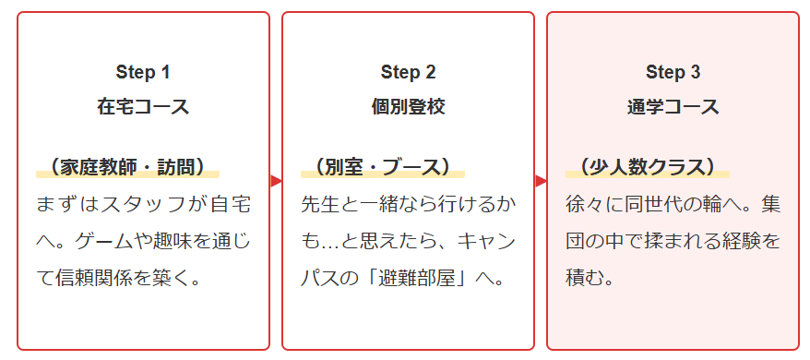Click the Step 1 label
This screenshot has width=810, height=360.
click(143, 72)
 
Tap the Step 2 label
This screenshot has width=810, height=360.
click(408, 72)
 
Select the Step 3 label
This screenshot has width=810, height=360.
click(673, 72)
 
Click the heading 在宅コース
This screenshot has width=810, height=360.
click(143, 106)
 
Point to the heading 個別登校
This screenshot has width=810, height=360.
click(408, 106)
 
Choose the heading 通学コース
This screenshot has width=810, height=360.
click(673, 106)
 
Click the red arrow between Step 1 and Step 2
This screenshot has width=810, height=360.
click(276, 181)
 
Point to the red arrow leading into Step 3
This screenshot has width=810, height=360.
click(541, 181)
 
